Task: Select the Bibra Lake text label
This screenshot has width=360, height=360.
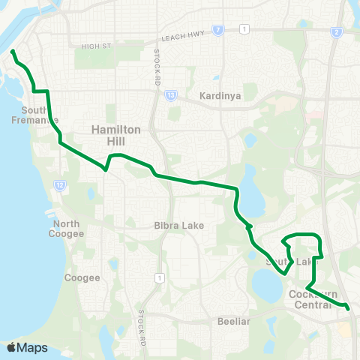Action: (174, 225)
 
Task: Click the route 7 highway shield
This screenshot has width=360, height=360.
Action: (217, 30)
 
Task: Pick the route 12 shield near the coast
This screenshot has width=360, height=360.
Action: (59, 184)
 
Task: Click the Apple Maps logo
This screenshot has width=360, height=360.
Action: (26, 347)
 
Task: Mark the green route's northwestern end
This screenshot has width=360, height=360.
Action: (13, 52)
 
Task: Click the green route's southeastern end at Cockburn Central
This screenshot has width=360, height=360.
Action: (348, 307)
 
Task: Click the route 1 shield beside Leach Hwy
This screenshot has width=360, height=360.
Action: (244, 28)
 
